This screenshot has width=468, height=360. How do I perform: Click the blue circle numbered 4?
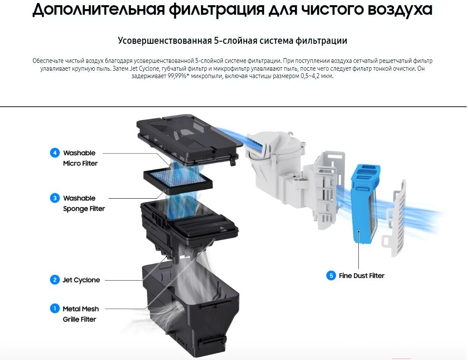[55, 153]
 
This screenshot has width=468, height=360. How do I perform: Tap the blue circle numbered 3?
[55, 198]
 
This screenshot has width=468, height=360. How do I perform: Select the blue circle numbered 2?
[55, 280]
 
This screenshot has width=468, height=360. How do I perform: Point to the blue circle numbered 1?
[55, 309]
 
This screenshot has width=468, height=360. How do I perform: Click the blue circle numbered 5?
[331, 275]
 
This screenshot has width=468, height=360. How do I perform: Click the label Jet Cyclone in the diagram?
[81, 280]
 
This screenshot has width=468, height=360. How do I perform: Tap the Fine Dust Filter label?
[361, 276]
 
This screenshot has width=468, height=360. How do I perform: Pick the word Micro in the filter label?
[71, 164]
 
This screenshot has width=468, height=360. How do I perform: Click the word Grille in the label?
[71, 319]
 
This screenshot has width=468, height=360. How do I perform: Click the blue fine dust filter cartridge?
[365, 203]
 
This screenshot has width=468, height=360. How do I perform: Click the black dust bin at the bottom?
[191, 311]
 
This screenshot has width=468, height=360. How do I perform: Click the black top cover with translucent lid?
[188, 139]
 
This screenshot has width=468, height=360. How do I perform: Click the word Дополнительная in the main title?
[98, 10]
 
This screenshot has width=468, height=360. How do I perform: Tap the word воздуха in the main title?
[400, 10]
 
